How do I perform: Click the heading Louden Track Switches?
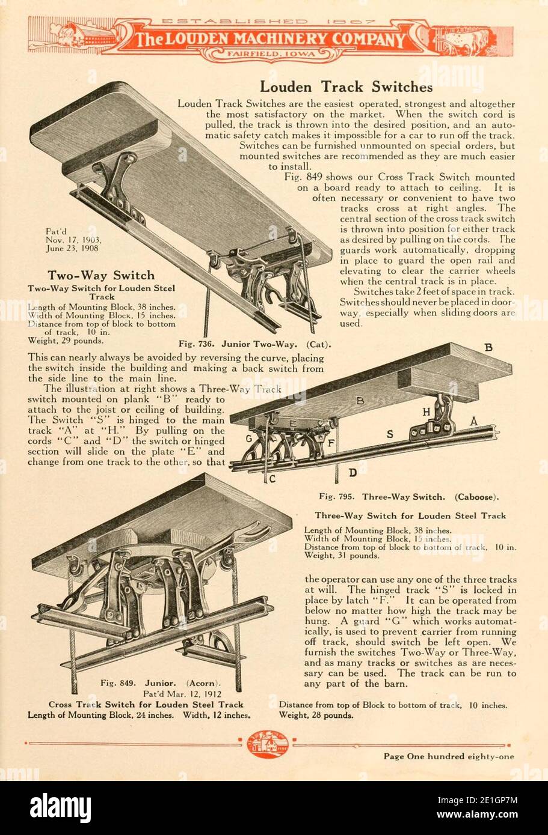[346, 87]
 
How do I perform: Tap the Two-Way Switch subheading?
[101, 276]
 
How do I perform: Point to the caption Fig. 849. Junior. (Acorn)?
[161, 683]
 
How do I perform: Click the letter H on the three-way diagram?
[426, 412]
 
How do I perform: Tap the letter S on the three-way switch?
[389, 433]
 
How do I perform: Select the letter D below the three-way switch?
[353, 473]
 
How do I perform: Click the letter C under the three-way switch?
[272, 479]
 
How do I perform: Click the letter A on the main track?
[473, 422]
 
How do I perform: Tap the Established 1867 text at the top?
[269, 21]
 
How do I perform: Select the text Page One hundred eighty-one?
[449, 756]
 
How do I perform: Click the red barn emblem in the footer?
[268, 744]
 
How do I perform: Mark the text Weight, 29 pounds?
[66, 341]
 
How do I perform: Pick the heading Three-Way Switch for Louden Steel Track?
[410, 515]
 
